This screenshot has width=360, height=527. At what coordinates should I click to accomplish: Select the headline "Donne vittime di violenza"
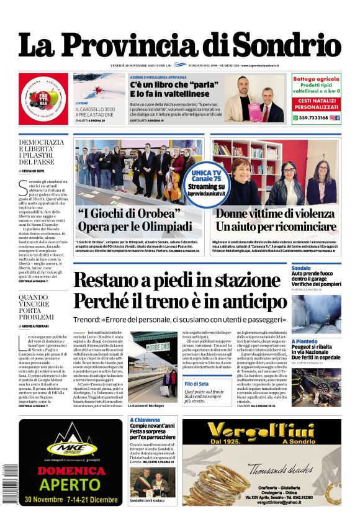pyautogui.click(x=276, y=214)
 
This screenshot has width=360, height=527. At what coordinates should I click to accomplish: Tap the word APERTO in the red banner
pyautogui.click(x=70, y=484)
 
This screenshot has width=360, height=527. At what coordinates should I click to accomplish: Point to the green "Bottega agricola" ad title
pyautogui.click(x=315, y=79)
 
